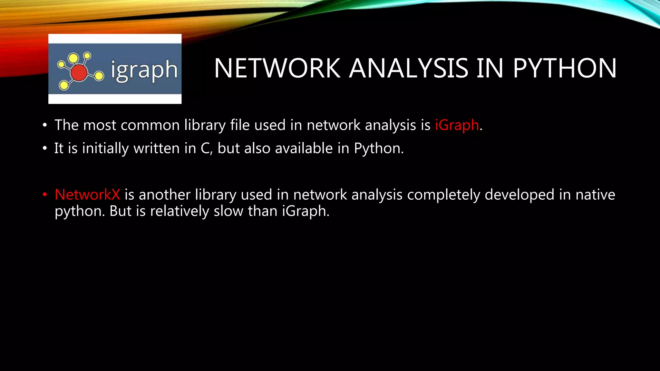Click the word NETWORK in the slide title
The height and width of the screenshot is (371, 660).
tap(277, 68)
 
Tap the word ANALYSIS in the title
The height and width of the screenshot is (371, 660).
tap(409, 68)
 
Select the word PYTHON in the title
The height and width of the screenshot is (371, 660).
tap(565, 68)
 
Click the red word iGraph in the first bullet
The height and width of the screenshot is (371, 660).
tap(457, 125)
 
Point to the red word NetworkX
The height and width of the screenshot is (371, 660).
tap(87, 195)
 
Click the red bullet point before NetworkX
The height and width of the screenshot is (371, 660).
tap(45, 195)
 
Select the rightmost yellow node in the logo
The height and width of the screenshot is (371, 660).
tap(99, 76)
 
